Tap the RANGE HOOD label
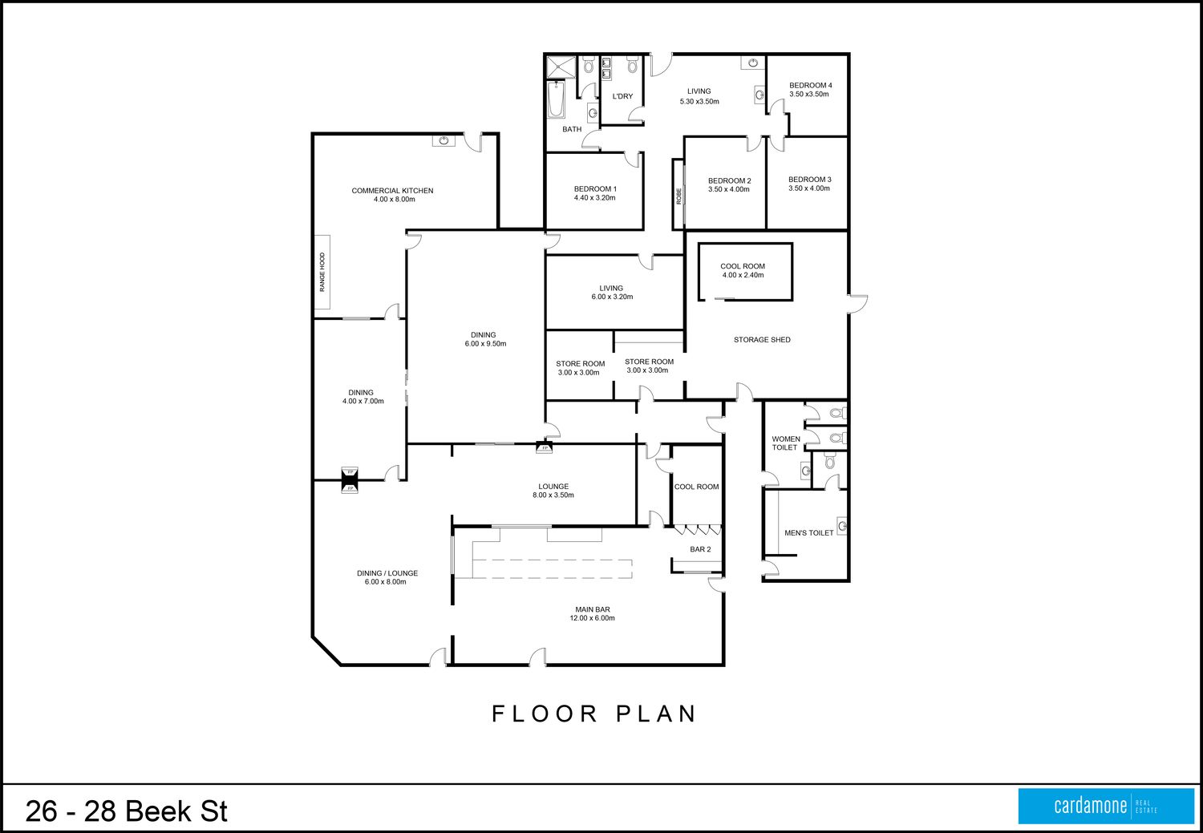point(322,272)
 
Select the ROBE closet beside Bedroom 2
point(678,194)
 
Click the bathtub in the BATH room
point(556,100)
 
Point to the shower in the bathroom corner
point(561,67)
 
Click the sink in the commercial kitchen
point(444,140)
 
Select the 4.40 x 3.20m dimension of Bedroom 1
point(594,197)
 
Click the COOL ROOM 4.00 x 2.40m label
point(743,270)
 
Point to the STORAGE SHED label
point(762,340)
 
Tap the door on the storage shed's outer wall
point(857,304)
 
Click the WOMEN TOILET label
point(786,443)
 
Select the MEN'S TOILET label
point(808,533)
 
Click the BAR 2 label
point(700,549)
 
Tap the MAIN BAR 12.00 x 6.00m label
point(593,613)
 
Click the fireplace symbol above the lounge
point(545,447)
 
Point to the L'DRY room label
point(622,96)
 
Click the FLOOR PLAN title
point(594,714)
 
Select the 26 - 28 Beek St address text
point(127,811)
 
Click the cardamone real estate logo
point(1106,806)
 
